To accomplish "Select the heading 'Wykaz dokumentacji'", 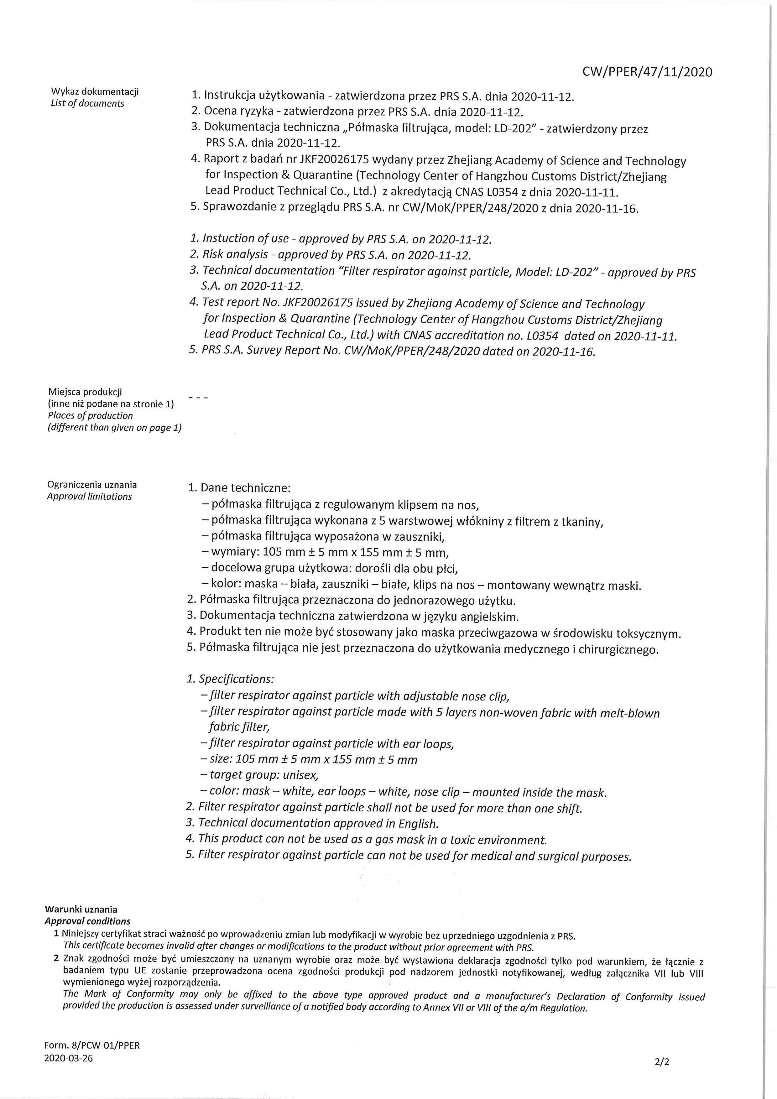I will click(x=95, y=91).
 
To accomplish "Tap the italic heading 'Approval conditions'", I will click(x=87, y=921).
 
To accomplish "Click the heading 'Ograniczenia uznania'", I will click(x=91, y=484).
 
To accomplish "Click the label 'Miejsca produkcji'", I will click(x=85, y=392).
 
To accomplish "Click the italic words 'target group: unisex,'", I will click(x=264, y=774).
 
